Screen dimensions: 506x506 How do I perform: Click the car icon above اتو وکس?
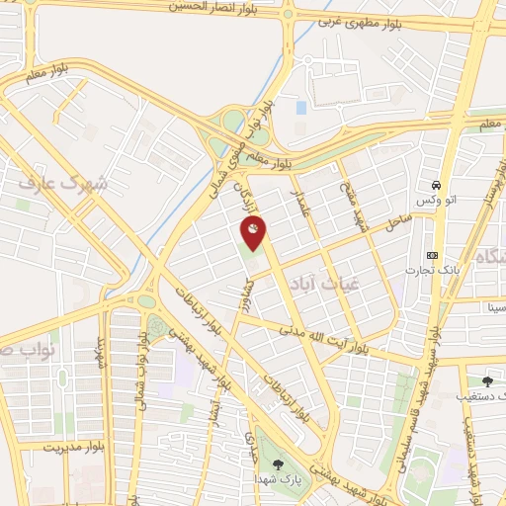point(435,185)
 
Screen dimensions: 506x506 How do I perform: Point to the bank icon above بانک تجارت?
point(432,254)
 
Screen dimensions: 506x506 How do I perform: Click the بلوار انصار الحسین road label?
point(204,7)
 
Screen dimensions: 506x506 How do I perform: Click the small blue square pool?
point(301,107)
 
